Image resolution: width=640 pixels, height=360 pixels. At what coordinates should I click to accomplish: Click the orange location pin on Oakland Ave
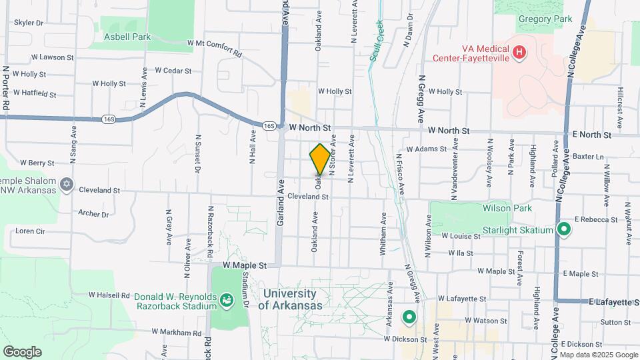click(x=320, y=159)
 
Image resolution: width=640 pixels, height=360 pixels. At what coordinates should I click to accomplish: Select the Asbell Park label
click(x=127, y=37)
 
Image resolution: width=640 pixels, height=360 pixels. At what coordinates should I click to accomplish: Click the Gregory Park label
click(x=545, y=20)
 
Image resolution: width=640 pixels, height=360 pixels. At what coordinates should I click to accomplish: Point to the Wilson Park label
click(x=507, y=208)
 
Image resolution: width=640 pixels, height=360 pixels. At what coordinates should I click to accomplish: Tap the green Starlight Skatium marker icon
click(x=564, y=230)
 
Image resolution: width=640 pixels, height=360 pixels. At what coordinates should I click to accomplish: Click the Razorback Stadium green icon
click(x=227, y=301)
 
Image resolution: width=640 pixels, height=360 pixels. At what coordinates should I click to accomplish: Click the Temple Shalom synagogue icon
click(x=66, y=184)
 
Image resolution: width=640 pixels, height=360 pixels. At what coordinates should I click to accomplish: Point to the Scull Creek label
click(x=377, y=41)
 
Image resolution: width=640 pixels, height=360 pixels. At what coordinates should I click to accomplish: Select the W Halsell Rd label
click(x=109, y=295)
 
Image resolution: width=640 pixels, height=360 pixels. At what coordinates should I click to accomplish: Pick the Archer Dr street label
click(x=93, y=214)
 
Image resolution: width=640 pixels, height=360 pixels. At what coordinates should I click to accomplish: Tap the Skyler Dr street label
click(x=29, y=22)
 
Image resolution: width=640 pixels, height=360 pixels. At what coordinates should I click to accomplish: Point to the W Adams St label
click(x=426, y=149)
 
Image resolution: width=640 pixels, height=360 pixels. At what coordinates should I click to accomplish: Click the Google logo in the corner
click(x=22, y=351)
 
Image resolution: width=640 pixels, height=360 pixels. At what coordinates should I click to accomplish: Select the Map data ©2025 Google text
click(x=598, y=355)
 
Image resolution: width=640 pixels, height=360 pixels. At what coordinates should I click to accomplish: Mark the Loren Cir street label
click(x=30, y=231)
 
